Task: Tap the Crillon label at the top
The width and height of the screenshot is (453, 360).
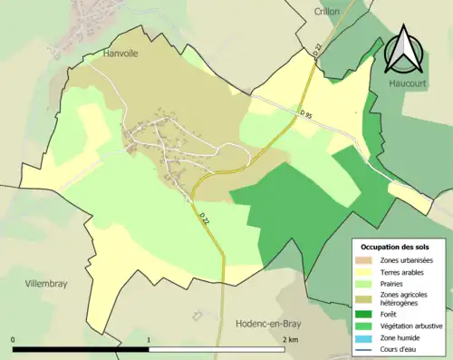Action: point(326,11)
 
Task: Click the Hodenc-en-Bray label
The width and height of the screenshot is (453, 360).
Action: point(267,323)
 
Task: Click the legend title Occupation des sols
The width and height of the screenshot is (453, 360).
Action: point(397,247)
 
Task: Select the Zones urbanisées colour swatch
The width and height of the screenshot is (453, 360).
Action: point(364,260)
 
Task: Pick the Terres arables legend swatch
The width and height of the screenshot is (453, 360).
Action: point(364,272)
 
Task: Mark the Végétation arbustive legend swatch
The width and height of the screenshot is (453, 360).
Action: point(364,326)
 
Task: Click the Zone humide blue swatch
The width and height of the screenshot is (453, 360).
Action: point(364,338)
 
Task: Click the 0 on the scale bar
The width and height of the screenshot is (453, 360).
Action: point(14,340)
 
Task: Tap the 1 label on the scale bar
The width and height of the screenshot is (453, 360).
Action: point(149,340)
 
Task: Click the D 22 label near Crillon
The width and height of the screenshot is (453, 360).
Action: point(319,54)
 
